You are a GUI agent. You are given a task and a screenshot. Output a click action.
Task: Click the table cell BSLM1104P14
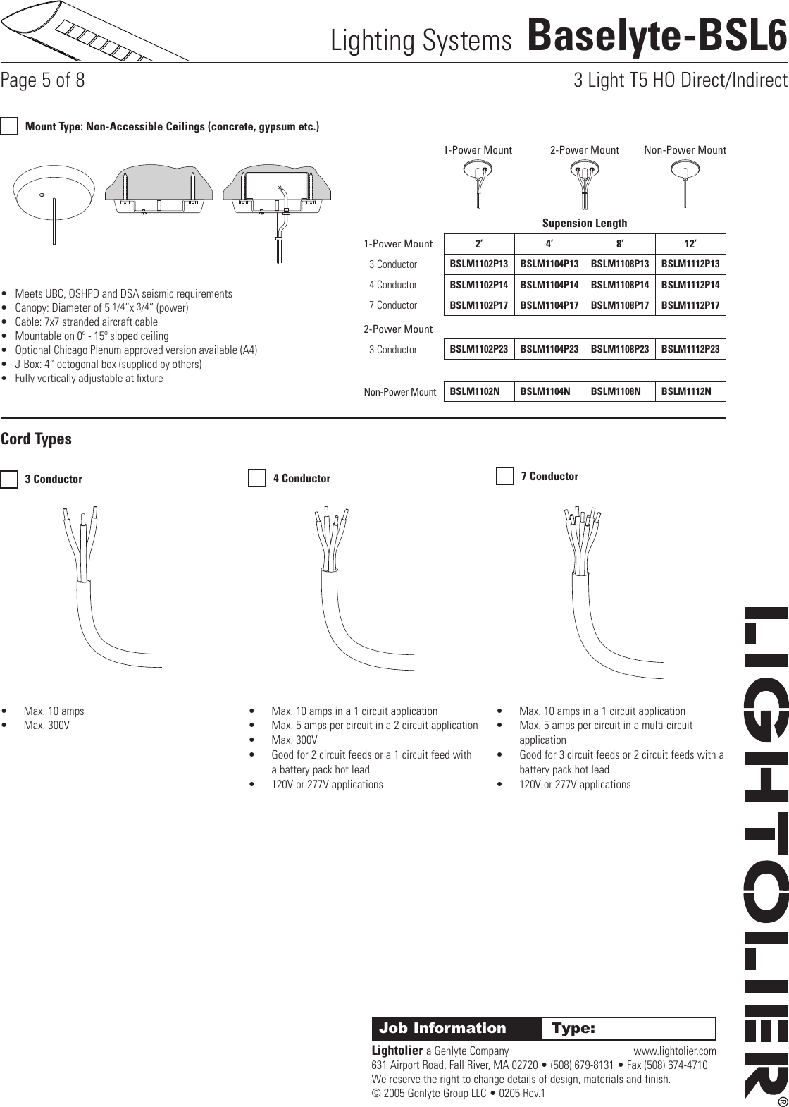pyautogui.click(x=549, y=285)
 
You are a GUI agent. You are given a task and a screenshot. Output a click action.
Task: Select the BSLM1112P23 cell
pyautogui.click(x=690, y=349)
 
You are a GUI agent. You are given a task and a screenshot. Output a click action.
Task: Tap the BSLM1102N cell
pyautogui.click(x=479, y=391)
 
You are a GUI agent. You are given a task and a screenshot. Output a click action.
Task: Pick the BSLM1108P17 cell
pyautogui.click(x=620, y=305)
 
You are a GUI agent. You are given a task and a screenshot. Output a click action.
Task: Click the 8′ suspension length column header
pyautogui.click(x=620, y=244)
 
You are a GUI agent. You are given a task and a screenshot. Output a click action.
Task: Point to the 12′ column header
pyautogui.click(x=690, y=244)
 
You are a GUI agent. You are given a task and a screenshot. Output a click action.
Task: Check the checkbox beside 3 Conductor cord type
pyautogui.click(x=9, y=479)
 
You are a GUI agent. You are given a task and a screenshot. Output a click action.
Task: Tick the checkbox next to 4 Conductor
pyautogui.click(x=257, y=479)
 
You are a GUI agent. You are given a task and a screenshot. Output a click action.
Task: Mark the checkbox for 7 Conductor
pyautogui.click(x=505, y=477)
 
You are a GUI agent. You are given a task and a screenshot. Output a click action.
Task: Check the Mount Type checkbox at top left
pyautogui.click(x=9, y=127)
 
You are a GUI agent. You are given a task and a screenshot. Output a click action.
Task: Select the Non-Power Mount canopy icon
pyautogui.click(x=685, y=181)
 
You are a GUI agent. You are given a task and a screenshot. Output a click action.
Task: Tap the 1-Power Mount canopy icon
pyautogui.click(x=478, y=181)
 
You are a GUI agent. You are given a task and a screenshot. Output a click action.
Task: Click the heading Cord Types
pyautogui.click(x=37, y=439)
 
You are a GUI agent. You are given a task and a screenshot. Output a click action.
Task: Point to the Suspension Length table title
pyautogui.click(x=584, y=224)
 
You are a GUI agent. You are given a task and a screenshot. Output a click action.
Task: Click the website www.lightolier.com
pyautogui.click(x=675, y=1051)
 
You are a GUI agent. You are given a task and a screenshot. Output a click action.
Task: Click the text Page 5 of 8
pyautogui.click(x=43, y=81)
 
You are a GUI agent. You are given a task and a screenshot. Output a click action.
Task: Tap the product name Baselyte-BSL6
pyautogui.click(x=656, y=37)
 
